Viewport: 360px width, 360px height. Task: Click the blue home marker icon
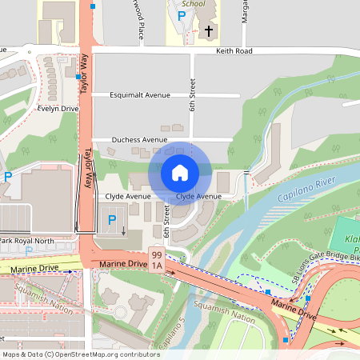click(x=180, y=172)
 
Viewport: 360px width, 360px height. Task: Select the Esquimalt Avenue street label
click(x=141, y=94)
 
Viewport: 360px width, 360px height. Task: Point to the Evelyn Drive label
click(x=58, y=109)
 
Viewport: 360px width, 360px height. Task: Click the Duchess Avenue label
click(x=139, y=139)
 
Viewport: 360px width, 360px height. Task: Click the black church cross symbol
click(x=209, y=31)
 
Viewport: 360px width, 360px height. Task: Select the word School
click(x=194, y=3)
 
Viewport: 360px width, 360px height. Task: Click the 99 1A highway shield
click(x=157, y=259)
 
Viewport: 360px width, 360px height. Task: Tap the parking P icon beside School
click(x=182, y=15)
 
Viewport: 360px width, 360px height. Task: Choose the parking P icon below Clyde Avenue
click(x=112, y=218)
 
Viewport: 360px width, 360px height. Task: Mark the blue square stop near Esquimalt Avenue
click(x=78, y=77)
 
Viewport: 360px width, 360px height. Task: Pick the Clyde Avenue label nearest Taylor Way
click(x=128, y=196)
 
